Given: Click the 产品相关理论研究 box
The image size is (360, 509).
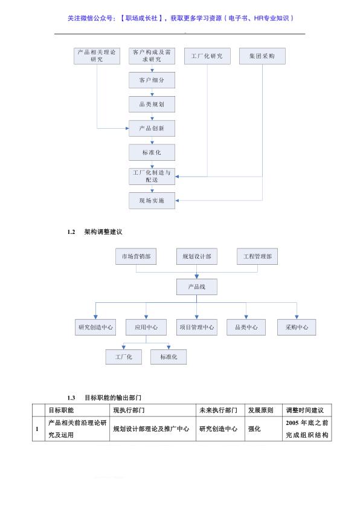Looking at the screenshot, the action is (97, 56).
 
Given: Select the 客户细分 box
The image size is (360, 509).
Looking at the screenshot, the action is (152, 80).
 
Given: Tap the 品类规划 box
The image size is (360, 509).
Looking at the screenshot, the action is (152, 104).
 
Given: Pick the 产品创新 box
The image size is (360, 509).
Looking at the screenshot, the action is (152, 128).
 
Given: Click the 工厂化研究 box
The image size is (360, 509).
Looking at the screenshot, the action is (207, 56).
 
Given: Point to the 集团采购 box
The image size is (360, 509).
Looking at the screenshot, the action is (262, 56).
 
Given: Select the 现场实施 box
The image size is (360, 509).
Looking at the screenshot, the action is (152, 201).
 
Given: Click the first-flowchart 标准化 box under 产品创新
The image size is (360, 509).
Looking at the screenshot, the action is (152, 152).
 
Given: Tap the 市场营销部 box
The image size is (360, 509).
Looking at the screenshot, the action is (136, 256).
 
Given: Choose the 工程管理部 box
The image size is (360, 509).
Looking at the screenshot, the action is (257, 256).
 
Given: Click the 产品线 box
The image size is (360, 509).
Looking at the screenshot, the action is (196, 287).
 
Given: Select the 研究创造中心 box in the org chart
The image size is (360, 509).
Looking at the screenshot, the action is (95, 327).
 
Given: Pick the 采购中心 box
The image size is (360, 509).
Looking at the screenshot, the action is (297, 327).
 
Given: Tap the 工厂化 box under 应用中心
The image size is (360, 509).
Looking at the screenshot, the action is (124, 357).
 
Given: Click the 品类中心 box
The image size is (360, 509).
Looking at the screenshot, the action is (246, 327).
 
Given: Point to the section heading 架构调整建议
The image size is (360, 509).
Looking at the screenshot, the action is (103, 232).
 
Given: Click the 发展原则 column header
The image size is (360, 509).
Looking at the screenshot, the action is (261, 410).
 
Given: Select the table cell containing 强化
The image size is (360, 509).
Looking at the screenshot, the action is (263, 429).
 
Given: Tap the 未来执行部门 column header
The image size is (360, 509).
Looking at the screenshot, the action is (218, 410).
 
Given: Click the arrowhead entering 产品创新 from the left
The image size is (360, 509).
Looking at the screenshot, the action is (127, 128).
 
